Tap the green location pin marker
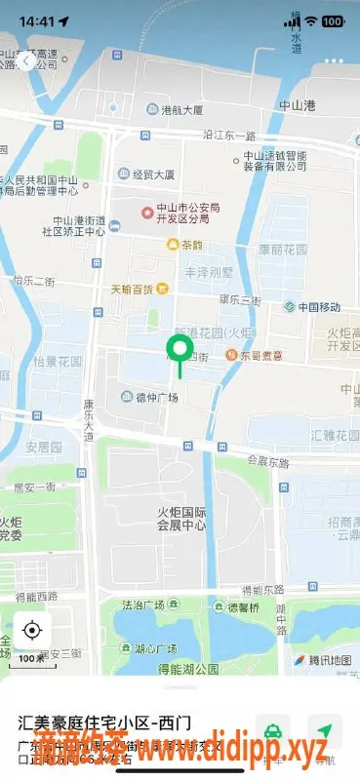click(180, 350)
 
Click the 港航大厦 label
click(175, 110)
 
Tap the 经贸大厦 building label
click(151, 175)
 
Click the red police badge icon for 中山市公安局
click(148, 212)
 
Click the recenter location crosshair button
click(32, 630)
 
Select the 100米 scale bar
click(31, 659)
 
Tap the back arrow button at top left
click(26, 59)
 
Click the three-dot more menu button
click(334, 59)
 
